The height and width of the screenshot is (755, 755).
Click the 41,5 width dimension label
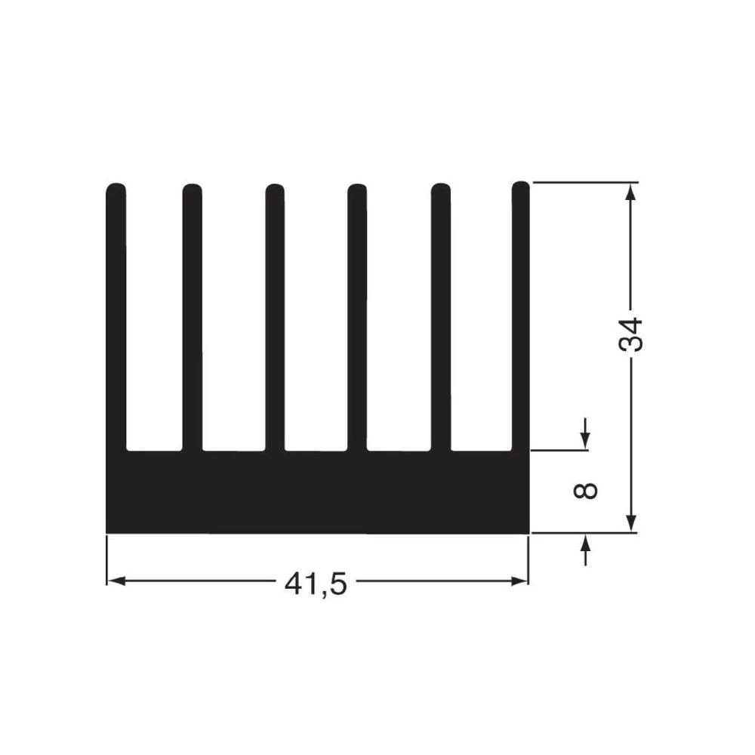(x=316, y=583)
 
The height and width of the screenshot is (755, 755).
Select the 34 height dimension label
(x=631, y=334)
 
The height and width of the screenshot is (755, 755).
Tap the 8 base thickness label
(x=586, y=491)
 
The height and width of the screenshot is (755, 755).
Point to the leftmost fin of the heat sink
(x=116, y=317)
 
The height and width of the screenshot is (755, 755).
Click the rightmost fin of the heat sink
(x=520, y=317)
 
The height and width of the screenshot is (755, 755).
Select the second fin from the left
(x=193, y=317)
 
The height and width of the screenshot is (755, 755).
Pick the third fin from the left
(x=276, y=317)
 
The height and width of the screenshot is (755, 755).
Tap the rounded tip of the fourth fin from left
(x=357, y=189)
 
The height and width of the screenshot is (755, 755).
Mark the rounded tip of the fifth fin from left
(x=440, y=189)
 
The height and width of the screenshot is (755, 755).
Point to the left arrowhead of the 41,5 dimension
(x=115, y=581)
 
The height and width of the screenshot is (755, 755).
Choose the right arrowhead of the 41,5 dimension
(x=519, y=581)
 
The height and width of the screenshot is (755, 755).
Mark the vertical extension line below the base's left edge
(x=106, y=559)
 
